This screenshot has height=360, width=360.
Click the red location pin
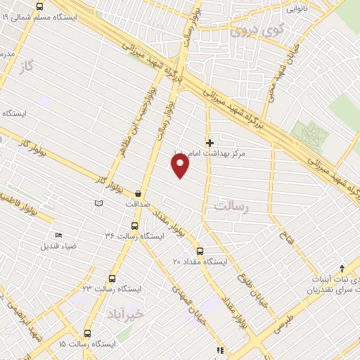(x=181, y=166)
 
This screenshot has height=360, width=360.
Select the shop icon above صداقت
(x=139, y=193)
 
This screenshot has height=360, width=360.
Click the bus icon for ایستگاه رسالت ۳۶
(x=134, y=226)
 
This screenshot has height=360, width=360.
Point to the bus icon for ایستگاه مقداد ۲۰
(x=200, y=250)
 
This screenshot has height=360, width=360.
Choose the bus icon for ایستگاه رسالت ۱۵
(x=87, y=333)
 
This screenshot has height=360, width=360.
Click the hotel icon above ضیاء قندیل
(x=58, y=235)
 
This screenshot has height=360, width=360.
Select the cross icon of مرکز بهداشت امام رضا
(x=209, y=142)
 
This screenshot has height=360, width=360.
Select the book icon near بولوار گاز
(x=98, y=203)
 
